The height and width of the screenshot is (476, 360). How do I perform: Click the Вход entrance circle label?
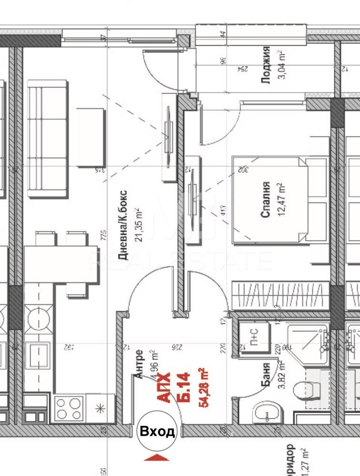click(x=157, y=431)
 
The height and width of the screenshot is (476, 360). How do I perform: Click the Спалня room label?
click(x=266, y=199)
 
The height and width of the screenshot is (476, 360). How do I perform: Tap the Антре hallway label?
click(x=139, y=364)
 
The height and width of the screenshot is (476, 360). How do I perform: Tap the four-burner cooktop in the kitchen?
click(x=70, y=408)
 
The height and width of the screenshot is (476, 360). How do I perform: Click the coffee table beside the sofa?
click(x=90, y=137)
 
